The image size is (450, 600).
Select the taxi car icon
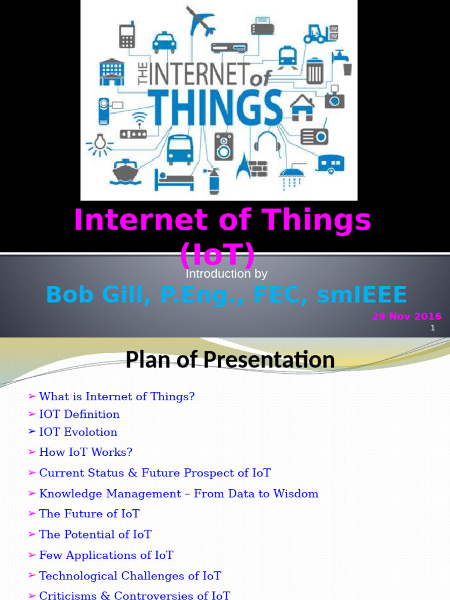click(x=164, y=42)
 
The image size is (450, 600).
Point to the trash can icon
click(x=315, y=71)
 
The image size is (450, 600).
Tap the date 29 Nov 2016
click(x=407, y=316)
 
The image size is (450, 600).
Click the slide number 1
click(x=432, y=328)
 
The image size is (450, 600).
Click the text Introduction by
click(x=226, y=274)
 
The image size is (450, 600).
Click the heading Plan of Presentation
click(x=230, y=359)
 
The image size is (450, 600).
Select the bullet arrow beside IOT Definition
click(x=32, y=414)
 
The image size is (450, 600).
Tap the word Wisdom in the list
click(x=299, y=493)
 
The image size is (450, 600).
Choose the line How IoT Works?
click(x=86, y=452)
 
